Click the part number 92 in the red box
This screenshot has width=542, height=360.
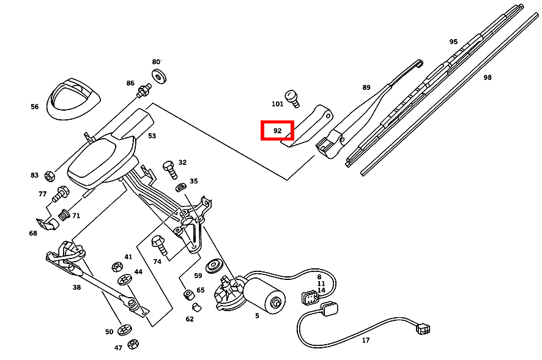(x=278, y=131)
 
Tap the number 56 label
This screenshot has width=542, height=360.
(x=35, y=107)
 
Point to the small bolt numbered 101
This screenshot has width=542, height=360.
(x=294, y=97)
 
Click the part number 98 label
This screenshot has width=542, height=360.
(x=487, y=78)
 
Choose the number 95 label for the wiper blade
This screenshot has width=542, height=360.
(x=453, y=42)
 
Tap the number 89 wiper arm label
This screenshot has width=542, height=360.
(x=366, y=87)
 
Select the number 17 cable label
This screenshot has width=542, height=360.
(x=366, y=340)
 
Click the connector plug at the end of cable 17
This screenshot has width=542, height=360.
(x=423, y=329)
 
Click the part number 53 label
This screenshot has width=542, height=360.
(x=152, y=136)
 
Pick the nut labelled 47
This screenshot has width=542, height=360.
(x=133, y=345)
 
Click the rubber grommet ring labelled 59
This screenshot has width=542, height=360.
(x=214, y=266)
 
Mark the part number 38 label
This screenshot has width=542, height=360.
(x=76, y=287)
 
